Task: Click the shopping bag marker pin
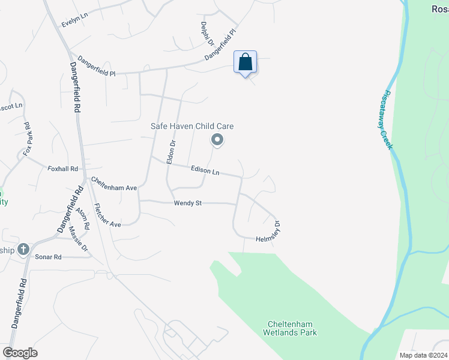click(245, 62)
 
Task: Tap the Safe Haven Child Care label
click(191, 126)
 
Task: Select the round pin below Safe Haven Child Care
click(217, 140)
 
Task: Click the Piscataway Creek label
click(387, 120)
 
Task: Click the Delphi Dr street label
click(206, 34)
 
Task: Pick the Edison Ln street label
click(205, 171)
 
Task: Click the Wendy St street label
click(187, 203)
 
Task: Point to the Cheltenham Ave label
click(114, 184)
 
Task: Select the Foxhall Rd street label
click(63, 169)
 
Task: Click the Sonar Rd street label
click(49, 257)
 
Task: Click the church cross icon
click(23, 249)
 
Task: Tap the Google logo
click(20, 353)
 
